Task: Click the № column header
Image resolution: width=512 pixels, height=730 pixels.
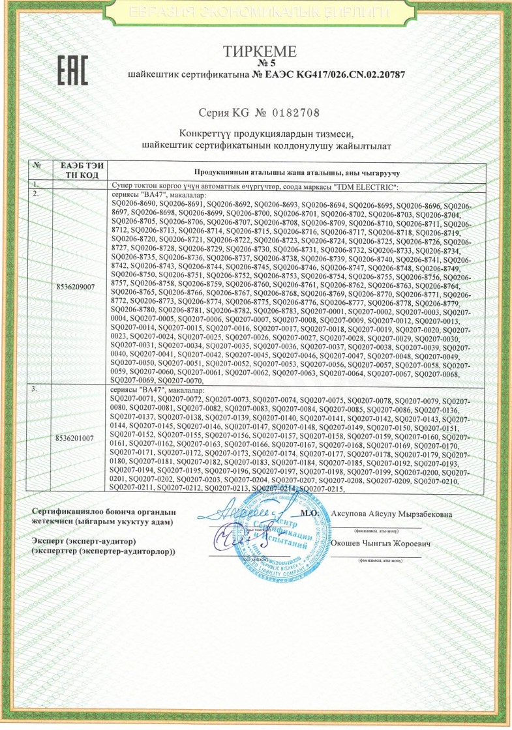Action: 37,167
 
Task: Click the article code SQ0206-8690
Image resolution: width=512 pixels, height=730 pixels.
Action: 134,205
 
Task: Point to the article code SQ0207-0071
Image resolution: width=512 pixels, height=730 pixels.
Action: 134,398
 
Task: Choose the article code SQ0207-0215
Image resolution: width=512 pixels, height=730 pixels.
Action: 322,489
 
